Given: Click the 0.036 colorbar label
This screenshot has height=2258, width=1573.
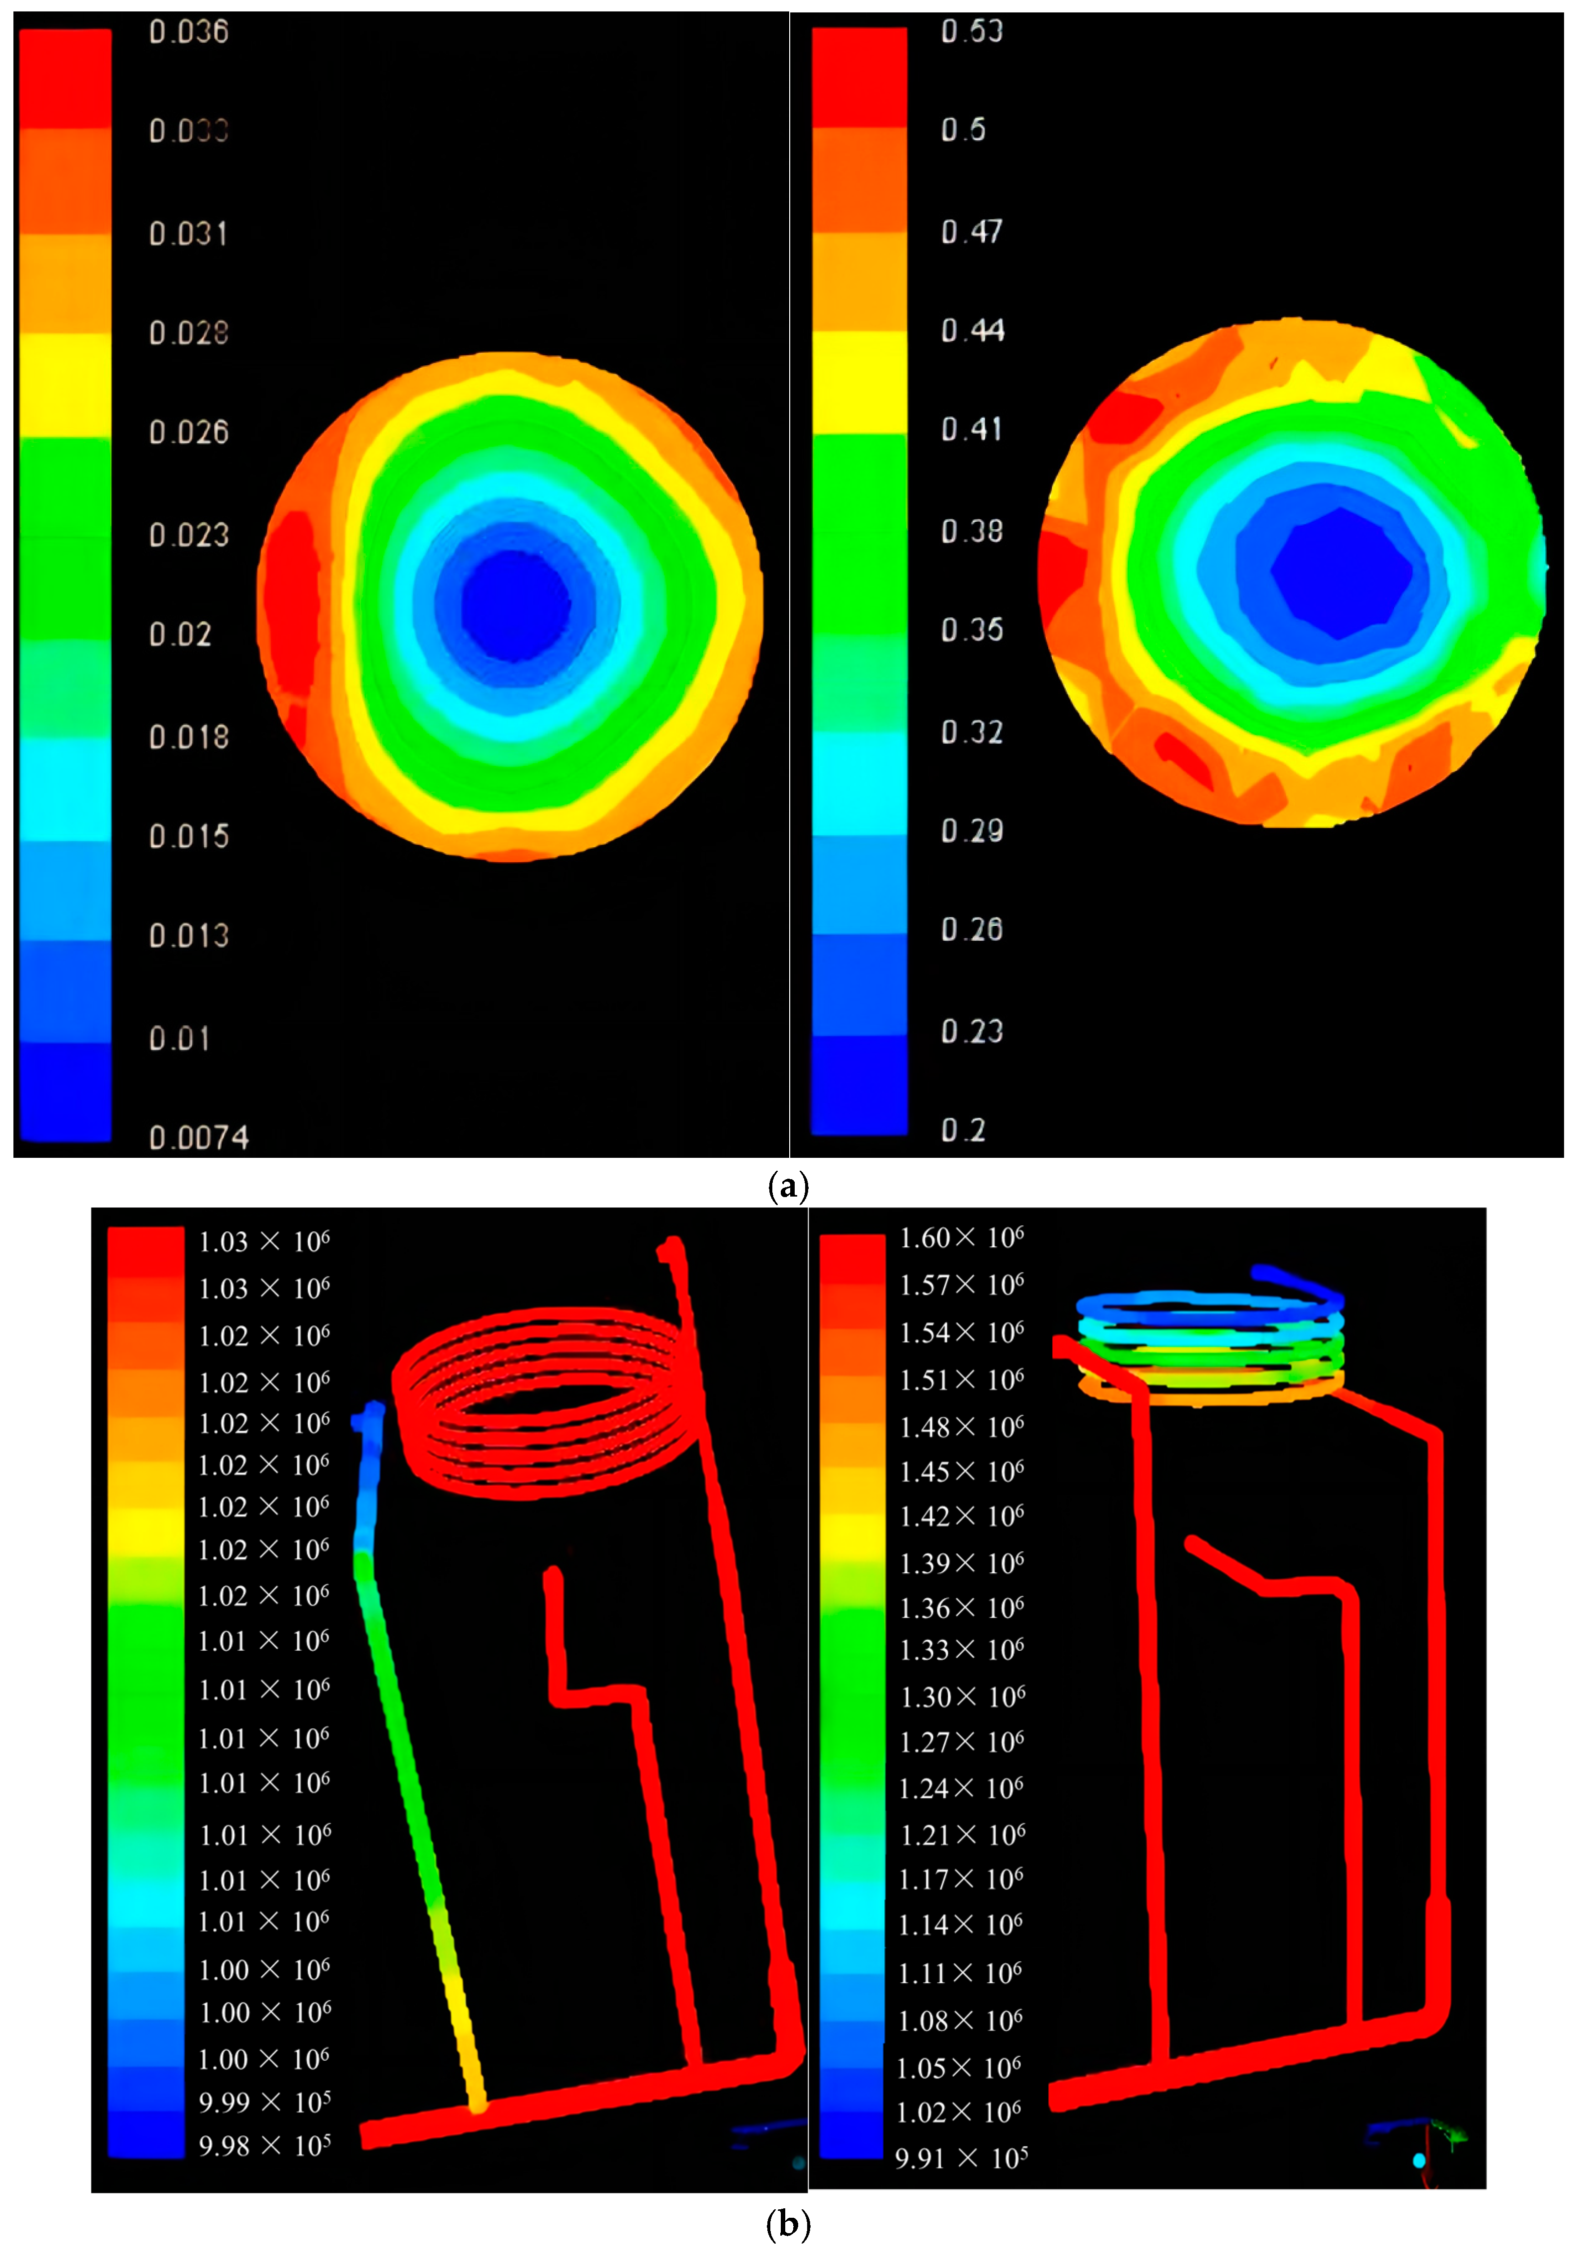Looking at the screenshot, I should pos(189,32).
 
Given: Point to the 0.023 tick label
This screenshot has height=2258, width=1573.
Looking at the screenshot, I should pos(189,535).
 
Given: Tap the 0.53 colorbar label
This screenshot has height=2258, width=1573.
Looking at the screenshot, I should pos(972,31).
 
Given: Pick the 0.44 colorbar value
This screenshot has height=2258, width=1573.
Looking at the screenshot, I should pos(972,330).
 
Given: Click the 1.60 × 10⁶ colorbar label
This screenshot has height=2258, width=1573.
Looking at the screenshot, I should pos(961,1238).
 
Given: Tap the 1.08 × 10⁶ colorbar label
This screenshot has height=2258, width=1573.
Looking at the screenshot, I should pos(961,2021).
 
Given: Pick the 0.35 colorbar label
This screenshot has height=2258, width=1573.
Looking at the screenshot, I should pos(972,630).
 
